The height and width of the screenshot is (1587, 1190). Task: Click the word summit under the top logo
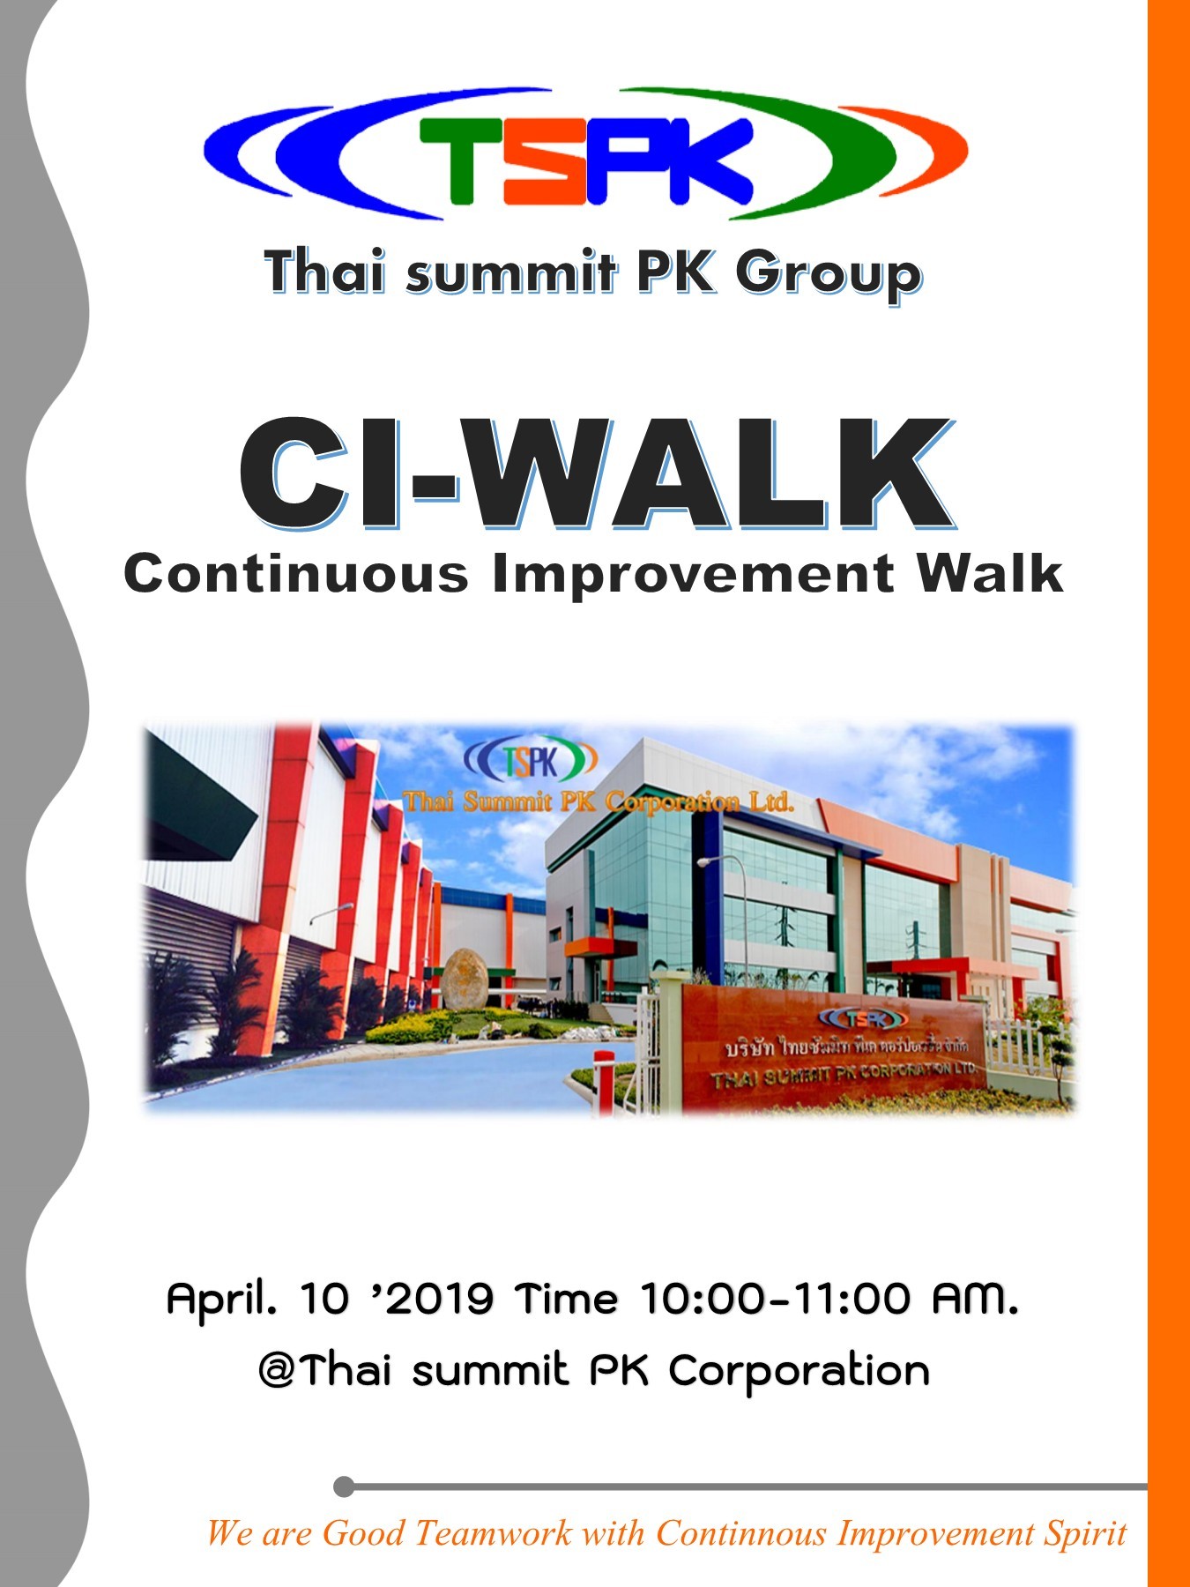pyautogui.click(x=510, y=272)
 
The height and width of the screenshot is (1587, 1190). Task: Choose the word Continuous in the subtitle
pyautogui.click(x=296, y=574)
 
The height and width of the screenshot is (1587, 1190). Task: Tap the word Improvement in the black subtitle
pyautogui.click(x=693, y=574)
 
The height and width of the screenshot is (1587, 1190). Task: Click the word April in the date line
pyautogui.click(x=221, y=1299)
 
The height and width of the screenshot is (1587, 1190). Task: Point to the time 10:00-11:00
pyautogui.click(x=776, y=1298)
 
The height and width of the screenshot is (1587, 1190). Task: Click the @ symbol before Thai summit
pyautogui.click(x=278, y=1371)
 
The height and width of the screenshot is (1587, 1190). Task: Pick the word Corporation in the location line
pyautogui.click(x=799, y=1371)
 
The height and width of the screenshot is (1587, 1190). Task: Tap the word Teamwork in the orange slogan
pyautogui.click(x=493, y=1533)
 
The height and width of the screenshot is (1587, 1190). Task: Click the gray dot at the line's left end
pyautogui.click(x=345, y=1487)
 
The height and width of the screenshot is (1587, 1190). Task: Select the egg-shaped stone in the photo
pyautogui.click(x=465, y=979)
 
